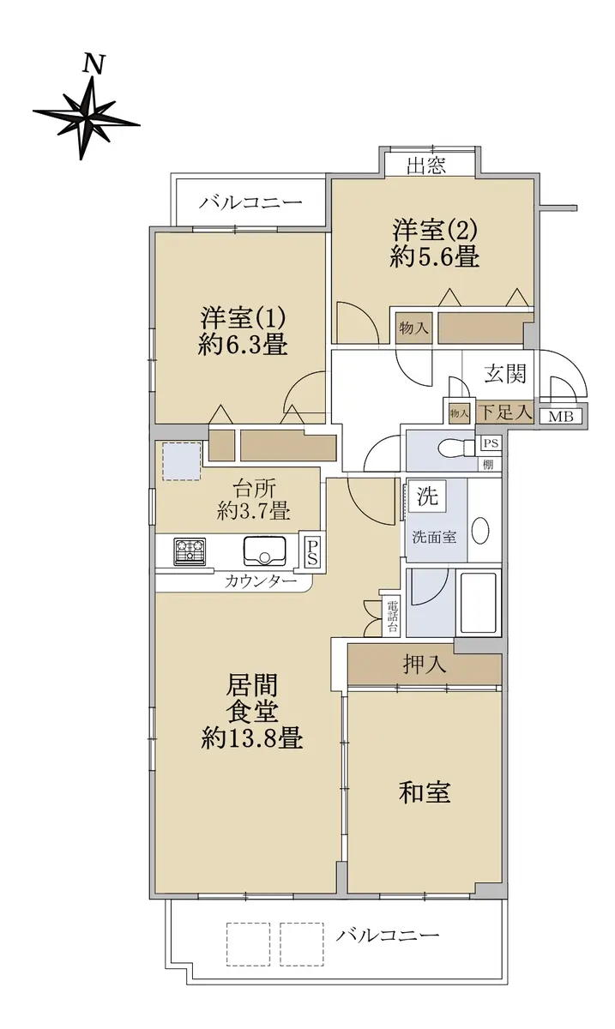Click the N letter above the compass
point(94,64)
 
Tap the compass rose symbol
point(87,117)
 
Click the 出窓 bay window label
point(426,165)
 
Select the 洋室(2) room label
point(434,230)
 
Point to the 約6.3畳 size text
point(243,344)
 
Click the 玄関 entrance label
point(504,374)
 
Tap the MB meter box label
point(561,417)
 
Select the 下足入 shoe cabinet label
point(504,412)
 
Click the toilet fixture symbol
point(456,447)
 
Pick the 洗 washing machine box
point(427,496)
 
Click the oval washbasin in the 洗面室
point(481,531)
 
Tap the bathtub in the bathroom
point(480,602)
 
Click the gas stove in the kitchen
point(190,551)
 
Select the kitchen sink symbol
point(264,551)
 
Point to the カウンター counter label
point(261,582)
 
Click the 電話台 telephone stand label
point(392,617)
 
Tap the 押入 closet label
point(424,664)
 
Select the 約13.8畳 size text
point(252,738)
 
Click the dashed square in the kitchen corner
point(182,461)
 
